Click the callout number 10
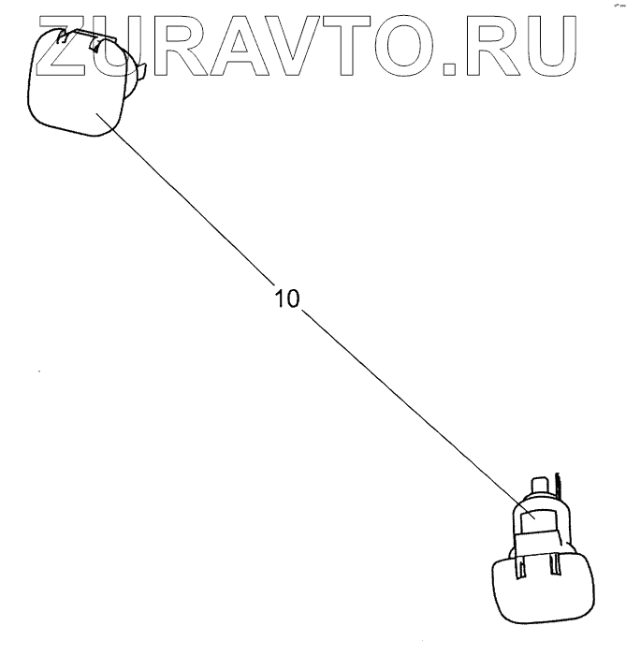(286, 299)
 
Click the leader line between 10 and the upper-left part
(187, 206)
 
